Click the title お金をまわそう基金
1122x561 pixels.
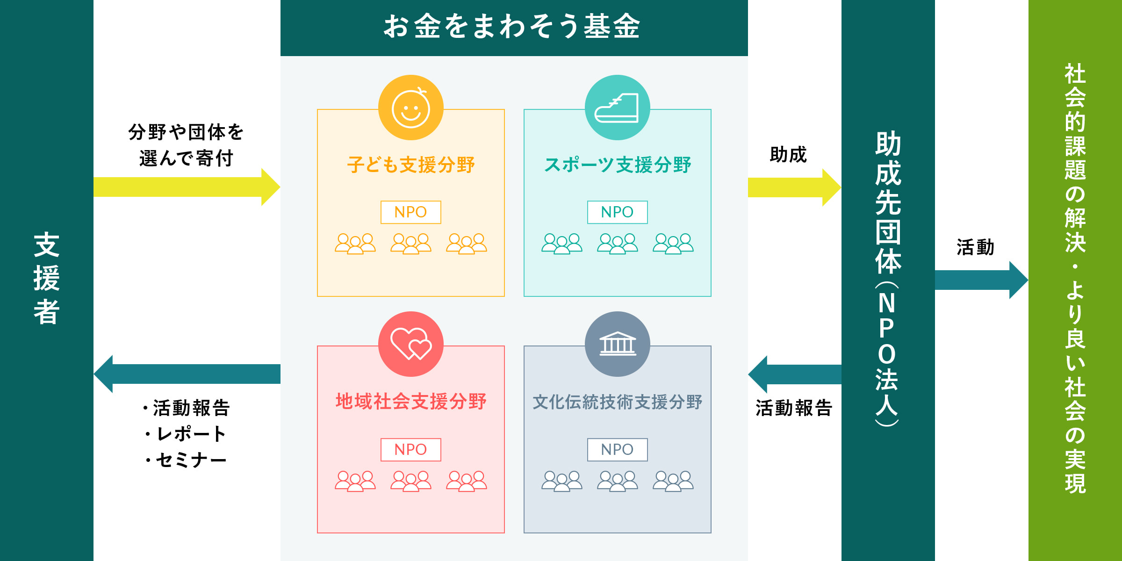tap(512, 26)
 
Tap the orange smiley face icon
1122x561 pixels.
tap(411, 108)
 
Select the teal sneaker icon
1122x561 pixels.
tap(617, 108)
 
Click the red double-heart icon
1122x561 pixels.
tap(411, 344)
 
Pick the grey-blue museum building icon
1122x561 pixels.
tap(617, 344)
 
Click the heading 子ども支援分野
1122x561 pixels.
tap(411, 165)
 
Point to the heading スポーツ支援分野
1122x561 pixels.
tap(617, 165)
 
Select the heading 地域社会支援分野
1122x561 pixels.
tap(411, 402)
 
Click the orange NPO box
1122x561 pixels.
tap(411, 212)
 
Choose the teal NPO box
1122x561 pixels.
tap(617, 212)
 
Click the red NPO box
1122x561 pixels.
tap(411, 450)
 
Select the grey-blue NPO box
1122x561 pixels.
tap(617, 450)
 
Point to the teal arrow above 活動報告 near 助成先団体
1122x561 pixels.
tap(795, 374)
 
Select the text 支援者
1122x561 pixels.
tap(47, 279)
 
